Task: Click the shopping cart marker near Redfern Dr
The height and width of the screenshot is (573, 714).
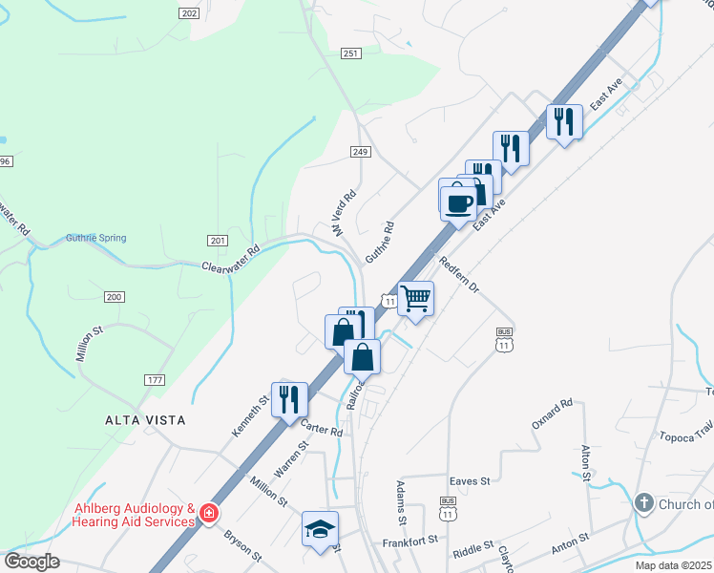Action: (x=416, y=299)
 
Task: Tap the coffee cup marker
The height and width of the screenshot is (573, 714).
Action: (x=459, y=202)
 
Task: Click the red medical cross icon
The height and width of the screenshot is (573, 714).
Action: (x=208, y=515)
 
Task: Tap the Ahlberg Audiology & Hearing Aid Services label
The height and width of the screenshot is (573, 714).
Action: (x=135, y=515)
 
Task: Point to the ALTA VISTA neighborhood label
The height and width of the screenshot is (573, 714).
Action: (x=145, y=420)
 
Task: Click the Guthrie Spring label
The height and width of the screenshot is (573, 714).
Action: (x=95, y=239)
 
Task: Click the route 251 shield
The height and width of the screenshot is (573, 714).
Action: (x=351, y=53)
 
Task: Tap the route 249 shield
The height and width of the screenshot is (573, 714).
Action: (x=360, y=152)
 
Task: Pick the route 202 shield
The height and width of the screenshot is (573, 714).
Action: (x=189, y=12)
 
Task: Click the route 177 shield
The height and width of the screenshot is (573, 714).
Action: (x=156, y=380)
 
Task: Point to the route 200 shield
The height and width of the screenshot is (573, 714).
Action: (x=115, y=298)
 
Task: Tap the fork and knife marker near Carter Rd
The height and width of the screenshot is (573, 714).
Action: (x=289, y=399)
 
